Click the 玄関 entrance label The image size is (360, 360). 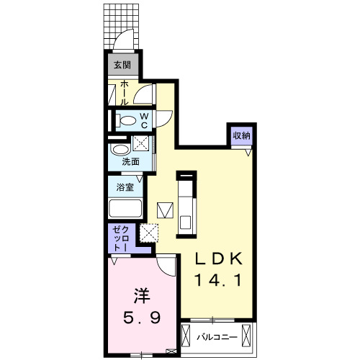pyautogui.click(x=122, y=66)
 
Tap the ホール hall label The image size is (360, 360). pyautogui.click(x=124, y=92)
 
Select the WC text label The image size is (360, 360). pyautogui.click(x=144, y=120)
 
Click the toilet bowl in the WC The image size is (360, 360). pyautogui.click(x=127, y=121)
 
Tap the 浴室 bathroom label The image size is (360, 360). pyautogui.click(x=125, y=187)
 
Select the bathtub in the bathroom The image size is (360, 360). pyautogui.click(x=125, y=210)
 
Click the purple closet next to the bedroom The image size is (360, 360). pyautogui.click(x=119, y=239)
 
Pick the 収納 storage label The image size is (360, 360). pyautogui.click(x=241, y=136)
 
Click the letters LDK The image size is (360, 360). pyautogui.click(x=222, y=258)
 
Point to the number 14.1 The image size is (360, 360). pyautogui.click(x=222, y=278)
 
